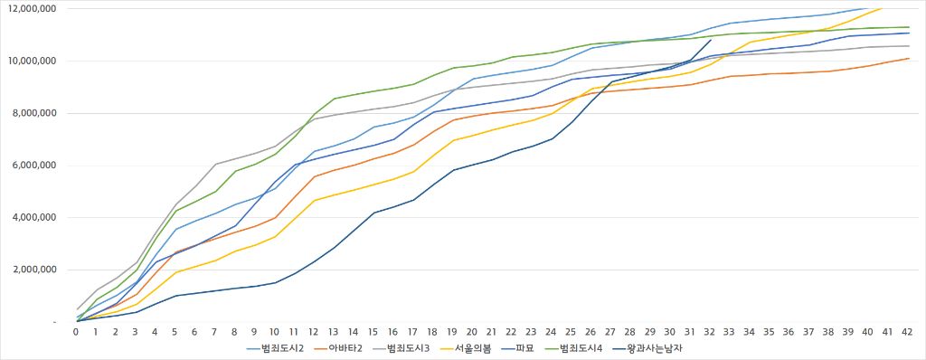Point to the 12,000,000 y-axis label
(30, 9)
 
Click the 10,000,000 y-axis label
(30, 62)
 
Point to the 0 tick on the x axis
(76, 332)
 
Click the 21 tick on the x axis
(493, 332)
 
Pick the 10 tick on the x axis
(274, 332)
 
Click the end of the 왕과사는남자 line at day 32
(712, 40)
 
